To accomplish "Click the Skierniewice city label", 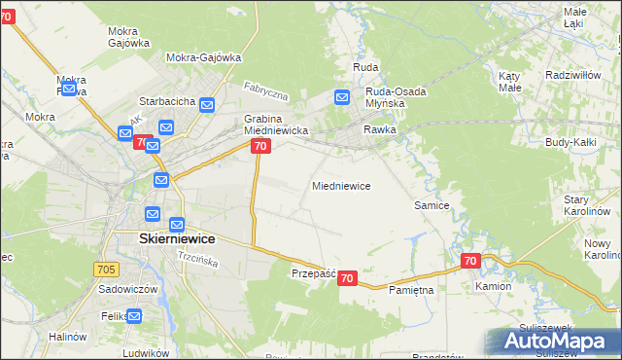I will [x=163, y=238].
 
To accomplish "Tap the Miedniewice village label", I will [x=340, y=186].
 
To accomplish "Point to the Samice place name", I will [x=431, y=206].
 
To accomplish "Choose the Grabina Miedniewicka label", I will [x=276, y=125].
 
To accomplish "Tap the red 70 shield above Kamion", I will [x=470, y=261].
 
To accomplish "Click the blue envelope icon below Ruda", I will [x=342, y=97].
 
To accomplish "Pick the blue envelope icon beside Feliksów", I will [x=134, y=315].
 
